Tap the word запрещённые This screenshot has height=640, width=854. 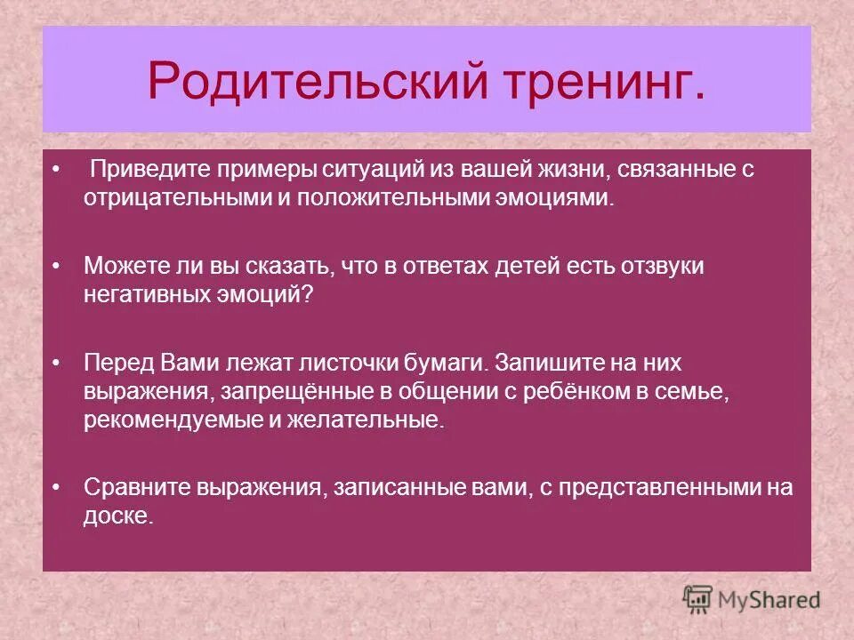273,392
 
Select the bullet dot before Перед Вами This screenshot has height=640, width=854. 57,364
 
